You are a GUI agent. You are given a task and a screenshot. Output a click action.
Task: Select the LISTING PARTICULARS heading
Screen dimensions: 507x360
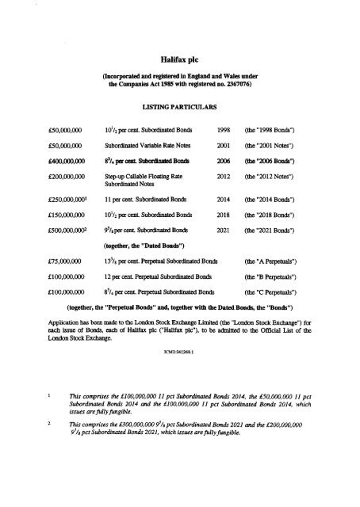point(179,105)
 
